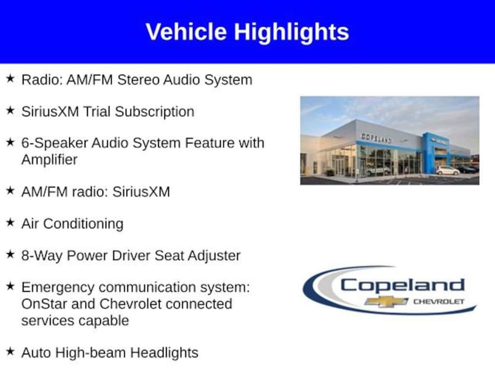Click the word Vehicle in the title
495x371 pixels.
point(186,32)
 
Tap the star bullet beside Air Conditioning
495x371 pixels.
point(11,222)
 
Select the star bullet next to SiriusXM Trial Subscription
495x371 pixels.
point(11,111)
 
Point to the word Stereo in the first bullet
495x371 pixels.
point(138,80)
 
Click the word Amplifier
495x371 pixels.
point(49,159)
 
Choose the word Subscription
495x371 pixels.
point(154,112)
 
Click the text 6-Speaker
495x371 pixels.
point(54,143)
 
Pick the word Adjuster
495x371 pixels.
point(214,256)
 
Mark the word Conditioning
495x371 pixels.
point(83,224)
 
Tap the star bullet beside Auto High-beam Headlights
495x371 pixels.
point(11,351)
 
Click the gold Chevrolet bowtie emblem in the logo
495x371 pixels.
point(386,301)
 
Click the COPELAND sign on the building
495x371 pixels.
point(376,138)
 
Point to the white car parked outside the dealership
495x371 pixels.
point(448,171)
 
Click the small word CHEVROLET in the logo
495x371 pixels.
point(439,301)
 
